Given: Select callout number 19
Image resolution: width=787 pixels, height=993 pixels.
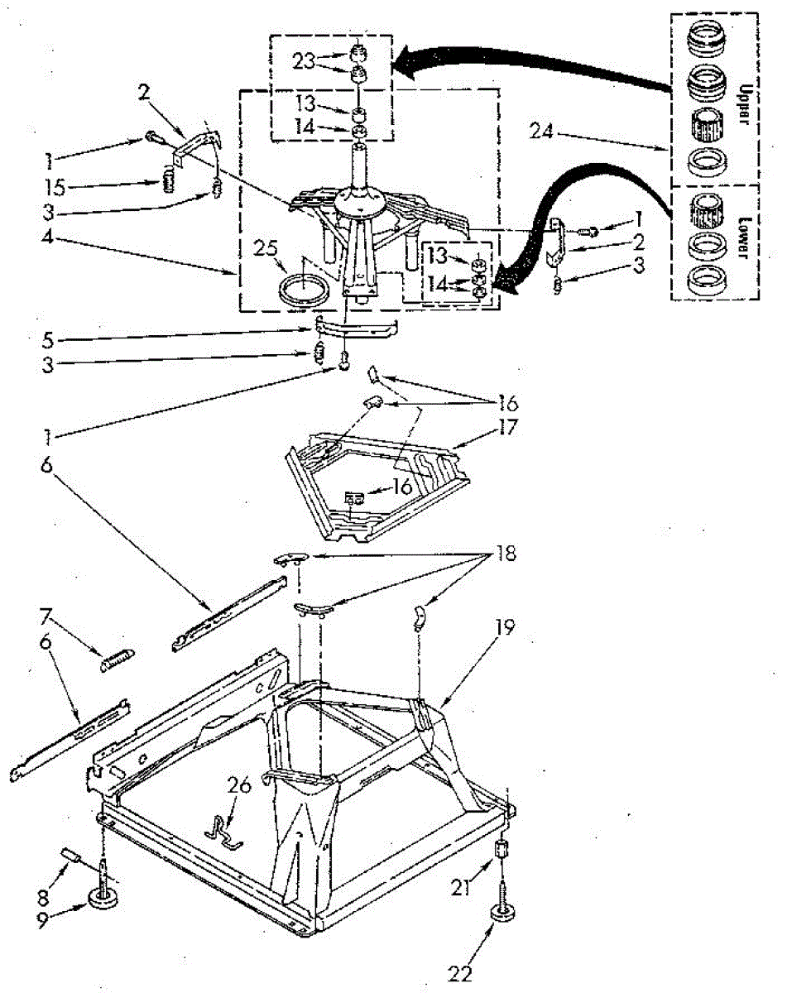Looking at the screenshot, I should tap(506, 628).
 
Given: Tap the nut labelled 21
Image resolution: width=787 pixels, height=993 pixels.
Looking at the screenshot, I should tap(501, 849).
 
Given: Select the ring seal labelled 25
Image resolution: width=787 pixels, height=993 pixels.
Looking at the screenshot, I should tap(304, 290).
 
